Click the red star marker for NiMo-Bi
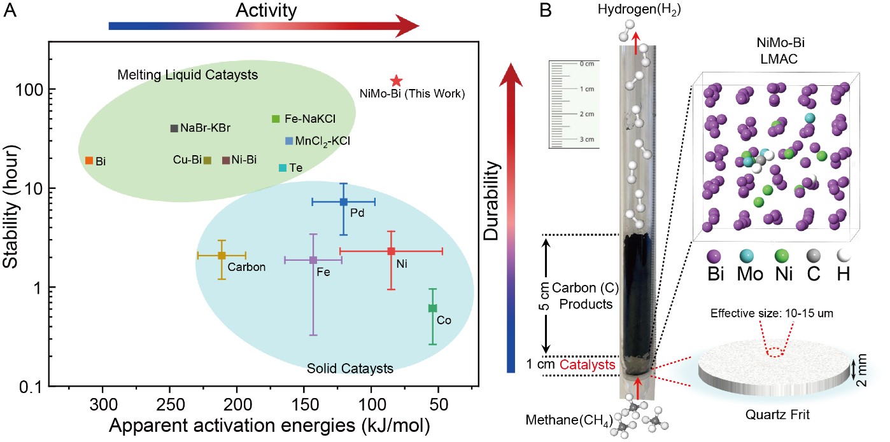pyautogui.click(x=396, y=81)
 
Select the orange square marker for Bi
pyautogui.click(x=89, y=160)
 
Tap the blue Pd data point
pyautogui.click(x=343, y=202)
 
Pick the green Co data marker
pyautogui.click(x=432, y=308)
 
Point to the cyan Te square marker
pyautogui.click(x=283, y=168)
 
